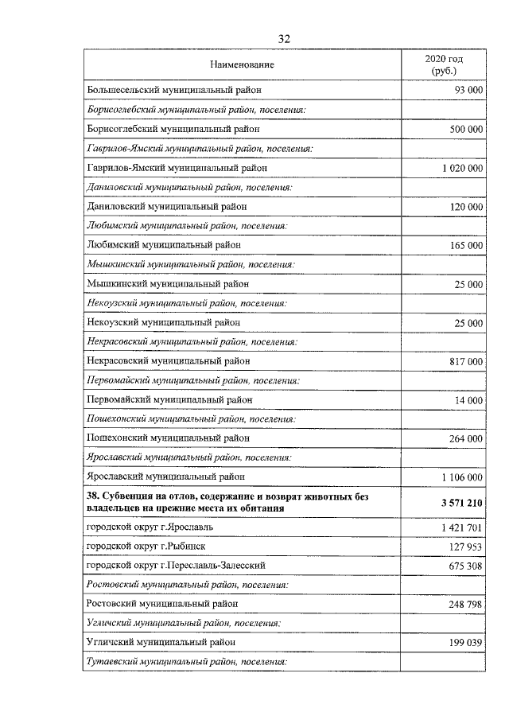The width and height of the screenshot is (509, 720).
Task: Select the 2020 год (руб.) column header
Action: pos(443,64)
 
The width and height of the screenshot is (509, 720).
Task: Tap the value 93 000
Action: pos(466,91)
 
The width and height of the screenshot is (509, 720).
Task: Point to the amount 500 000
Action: pos(465,129)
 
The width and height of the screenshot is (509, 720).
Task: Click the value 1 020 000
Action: pos(460,168)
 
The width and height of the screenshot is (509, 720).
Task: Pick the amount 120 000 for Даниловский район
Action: pos(465,207)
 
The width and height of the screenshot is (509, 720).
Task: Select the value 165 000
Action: pos(465,246)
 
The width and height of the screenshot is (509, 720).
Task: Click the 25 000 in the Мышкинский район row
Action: pos(468,284)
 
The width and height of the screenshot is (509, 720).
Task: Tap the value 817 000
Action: pos(465,361)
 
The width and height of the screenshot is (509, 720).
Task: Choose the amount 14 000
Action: pos(468,400)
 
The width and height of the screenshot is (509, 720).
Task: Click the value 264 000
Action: pos(465,438)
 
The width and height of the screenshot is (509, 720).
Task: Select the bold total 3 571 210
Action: pos(457,503)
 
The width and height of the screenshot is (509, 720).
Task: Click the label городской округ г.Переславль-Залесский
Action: pos(175,566)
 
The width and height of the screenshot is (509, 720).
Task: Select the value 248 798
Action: pos(465,605)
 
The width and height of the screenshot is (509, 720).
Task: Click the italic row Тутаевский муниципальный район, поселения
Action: pos(185,662)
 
